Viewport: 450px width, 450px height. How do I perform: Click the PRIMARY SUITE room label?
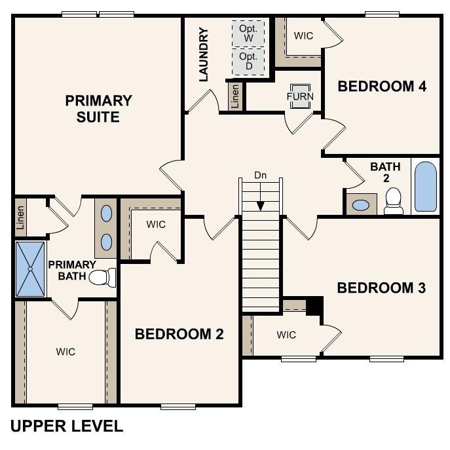pos(98,109)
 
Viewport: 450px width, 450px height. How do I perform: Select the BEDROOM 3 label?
pos(381,288)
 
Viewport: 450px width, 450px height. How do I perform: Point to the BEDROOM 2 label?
pos(179,334)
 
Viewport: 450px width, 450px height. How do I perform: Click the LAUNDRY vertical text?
pos(203,54)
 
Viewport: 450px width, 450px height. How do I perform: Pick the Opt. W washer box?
pos(249,33)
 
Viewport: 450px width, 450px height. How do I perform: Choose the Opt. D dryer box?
pos(249,62)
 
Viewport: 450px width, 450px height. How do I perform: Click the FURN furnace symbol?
pos(300,96)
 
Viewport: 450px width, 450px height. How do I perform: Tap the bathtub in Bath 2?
pos(425,187)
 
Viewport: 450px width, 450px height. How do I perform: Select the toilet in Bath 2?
pos(394,201)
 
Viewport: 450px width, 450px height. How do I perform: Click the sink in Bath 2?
pos(361,204)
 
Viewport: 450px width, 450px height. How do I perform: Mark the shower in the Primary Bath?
pos(30,269)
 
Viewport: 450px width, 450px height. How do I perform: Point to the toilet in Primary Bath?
pos(102,278)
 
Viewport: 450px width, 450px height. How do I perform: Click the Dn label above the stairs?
pos(261,176)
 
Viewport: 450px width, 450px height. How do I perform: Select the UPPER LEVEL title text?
pos(67,426)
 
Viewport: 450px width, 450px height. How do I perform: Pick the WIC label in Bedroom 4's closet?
pos(303,35)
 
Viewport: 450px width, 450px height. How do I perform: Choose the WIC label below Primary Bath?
pos(66,352)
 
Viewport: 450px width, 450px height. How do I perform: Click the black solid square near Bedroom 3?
pos(315,306)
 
